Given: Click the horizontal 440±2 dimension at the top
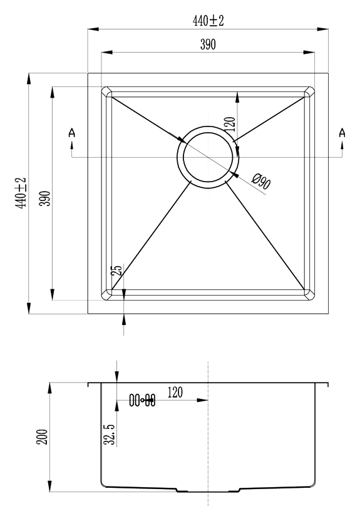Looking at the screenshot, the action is (x=208, y=21).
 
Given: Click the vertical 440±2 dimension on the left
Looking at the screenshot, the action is (x=21, y=193).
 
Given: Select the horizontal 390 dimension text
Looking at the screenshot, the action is (x=208, y=44).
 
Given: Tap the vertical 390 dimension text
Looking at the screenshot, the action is (x=45, y=199).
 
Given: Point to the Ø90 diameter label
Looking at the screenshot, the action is (x=261, y=182).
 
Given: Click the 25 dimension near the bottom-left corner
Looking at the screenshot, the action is (x=117, y=270).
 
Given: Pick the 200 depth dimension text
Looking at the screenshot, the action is (x=43, y=437).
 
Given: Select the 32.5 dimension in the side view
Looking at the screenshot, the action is (x=110, y=435).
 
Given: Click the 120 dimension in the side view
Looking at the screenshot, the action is (x=175, y=393).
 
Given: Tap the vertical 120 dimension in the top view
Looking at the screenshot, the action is (x=230, y=124).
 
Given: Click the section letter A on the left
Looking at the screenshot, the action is (x=72, y=133).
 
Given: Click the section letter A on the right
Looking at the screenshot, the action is (x=342, y=133).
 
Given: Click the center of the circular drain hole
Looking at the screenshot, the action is (x=208, y=157).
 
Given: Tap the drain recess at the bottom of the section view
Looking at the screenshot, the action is (x=208, y=490).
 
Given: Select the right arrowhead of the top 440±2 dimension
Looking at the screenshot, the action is (x=322, y=29).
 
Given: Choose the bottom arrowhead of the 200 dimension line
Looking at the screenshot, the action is (x=50, y=486).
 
